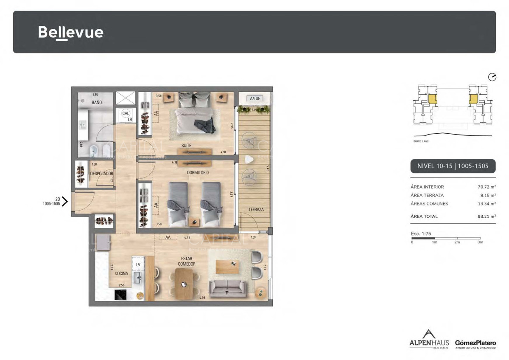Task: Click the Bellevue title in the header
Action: (x=70, y=32)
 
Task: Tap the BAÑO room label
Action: (x=96, y=103)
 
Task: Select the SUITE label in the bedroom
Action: (x=186, y=146)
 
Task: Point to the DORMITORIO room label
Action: (x=198, y=173)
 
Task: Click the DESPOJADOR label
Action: (x=101, y=173)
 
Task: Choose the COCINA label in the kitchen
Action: (x=122, y=274)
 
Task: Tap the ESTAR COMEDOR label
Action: (x=187, y=261)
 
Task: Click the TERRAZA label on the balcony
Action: (x=256, y=210)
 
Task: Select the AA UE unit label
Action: (x=255, y=98)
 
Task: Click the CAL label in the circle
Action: (x=126, y=114)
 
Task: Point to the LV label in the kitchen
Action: (x=138, y=264)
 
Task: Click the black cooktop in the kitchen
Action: (x=123, y=295)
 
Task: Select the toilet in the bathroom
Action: (x=93, y=149)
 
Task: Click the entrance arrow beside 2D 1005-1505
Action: (x=64, y=201)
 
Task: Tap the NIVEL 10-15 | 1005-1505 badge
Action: (x=453, y=166)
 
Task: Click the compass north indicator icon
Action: (x=492, y=77)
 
